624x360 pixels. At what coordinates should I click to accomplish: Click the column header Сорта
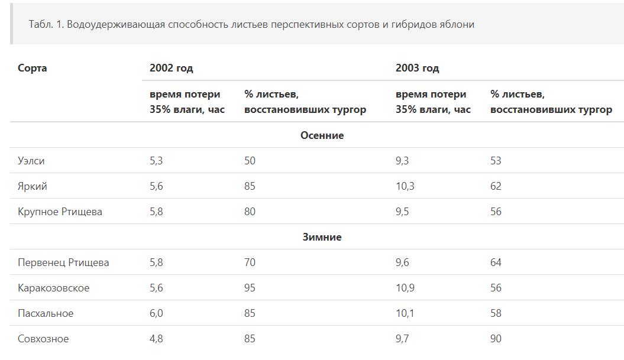(33, 68)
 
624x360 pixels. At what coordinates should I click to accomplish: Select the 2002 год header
(171, 68)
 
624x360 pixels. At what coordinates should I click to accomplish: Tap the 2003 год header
(417, 68)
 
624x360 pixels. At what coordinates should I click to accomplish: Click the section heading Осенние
(322, 135)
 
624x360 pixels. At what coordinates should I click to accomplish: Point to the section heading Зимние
(322, 237)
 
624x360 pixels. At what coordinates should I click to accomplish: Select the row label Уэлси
(31, 161)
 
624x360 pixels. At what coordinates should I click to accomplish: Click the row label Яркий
(33, 186)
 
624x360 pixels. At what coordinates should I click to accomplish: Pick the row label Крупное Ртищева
(60, 212)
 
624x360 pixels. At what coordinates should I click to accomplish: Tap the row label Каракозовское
(54, 288)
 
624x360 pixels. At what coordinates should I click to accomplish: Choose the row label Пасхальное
(46, 313)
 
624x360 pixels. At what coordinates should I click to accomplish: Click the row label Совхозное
(43, 339)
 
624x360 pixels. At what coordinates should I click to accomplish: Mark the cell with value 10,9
(405, 288)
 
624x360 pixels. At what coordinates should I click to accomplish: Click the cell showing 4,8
(156, 339)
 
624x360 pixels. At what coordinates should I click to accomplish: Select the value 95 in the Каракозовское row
(250, 288)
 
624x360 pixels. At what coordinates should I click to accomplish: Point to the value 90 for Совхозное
(496, 339)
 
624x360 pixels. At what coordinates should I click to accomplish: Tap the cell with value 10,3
(405, 186)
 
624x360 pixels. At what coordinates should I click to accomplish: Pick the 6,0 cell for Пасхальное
(156, 313)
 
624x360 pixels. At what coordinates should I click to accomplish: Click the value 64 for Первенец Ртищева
(496, 262)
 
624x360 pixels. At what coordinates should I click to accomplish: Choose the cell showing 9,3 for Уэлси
(402, 161)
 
